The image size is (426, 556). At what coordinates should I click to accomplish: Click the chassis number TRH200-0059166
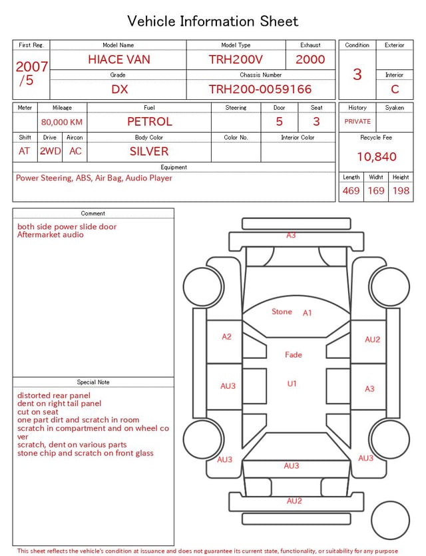pyautogui.click(x=260, y=89)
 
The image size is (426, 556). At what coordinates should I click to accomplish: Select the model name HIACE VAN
pyautogui.click(x=119, y=59)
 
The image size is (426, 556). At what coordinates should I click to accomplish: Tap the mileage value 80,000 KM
pyautogui.click(x=62, y=123)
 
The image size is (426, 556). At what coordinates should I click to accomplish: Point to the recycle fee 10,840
pyautogui.click(x=376, y=156)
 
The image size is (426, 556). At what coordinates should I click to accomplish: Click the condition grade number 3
pyautogui.click(x=357, y=75)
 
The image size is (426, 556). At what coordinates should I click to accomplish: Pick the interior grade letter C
pyautogui.click(x=395, y=89)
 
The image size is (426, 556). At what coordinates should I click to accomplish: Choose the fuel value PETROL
pyautogui.click(x=150, y=122)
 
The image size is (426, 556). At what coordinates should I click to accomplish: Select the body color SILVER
pyautogui.click(x=149, y=151)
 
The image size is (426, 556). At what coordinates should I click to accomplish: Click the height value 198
pyautogui.click(x=401, y=190)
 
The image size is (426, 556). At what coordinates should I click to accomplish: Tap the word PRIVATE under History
pyautogui.click(x=357, y=121)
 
